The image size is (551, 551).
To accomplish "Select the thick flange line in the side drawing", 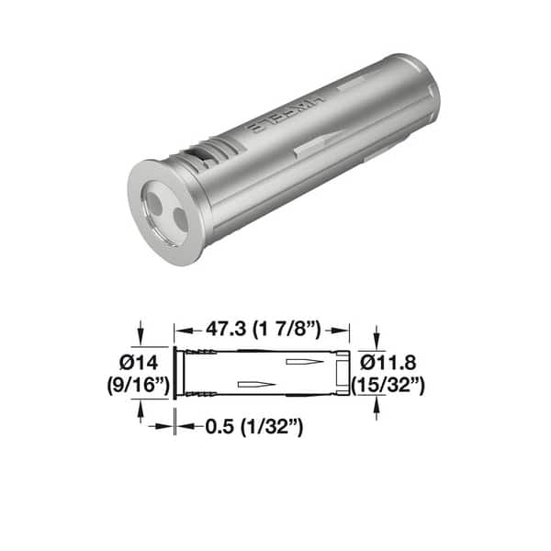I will (175, 372).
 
